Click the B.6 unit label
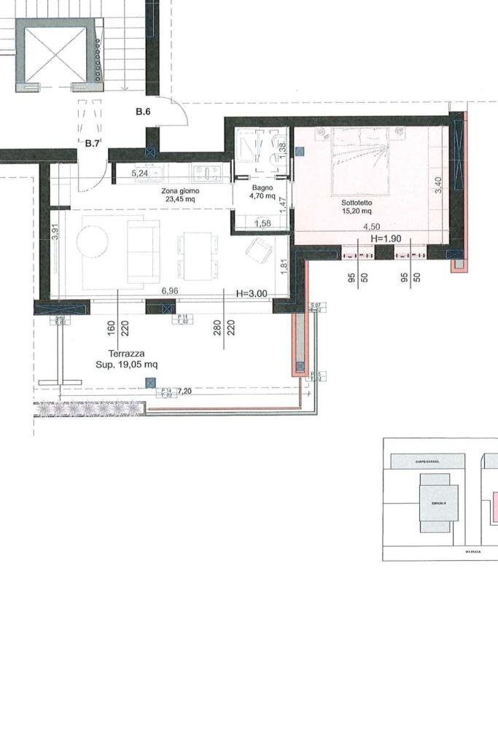click(x=143, y=112)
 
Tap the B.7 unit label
click(x=92, y=143)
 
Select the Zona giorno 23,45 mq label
click(x=179, y=193)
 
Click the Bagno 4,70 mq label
click(x=262, y=192)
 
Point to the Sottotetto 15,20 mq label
click(x=357, y=206)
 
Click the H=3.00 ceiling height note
click(x=252, y=293)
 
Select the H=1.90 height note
click(x=387, y=238)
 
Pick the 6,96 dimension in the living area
click(x=170, y=290)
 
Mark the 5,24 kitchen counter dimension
click(x=139, y=174)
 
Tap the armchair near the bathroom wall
click(x=259, y=250)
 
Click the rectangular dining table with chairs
click(x=198, y=255)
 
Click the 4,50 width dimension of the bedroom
click(x=372, y=227)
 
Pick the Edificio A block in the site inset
click(x=438, y=504)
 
